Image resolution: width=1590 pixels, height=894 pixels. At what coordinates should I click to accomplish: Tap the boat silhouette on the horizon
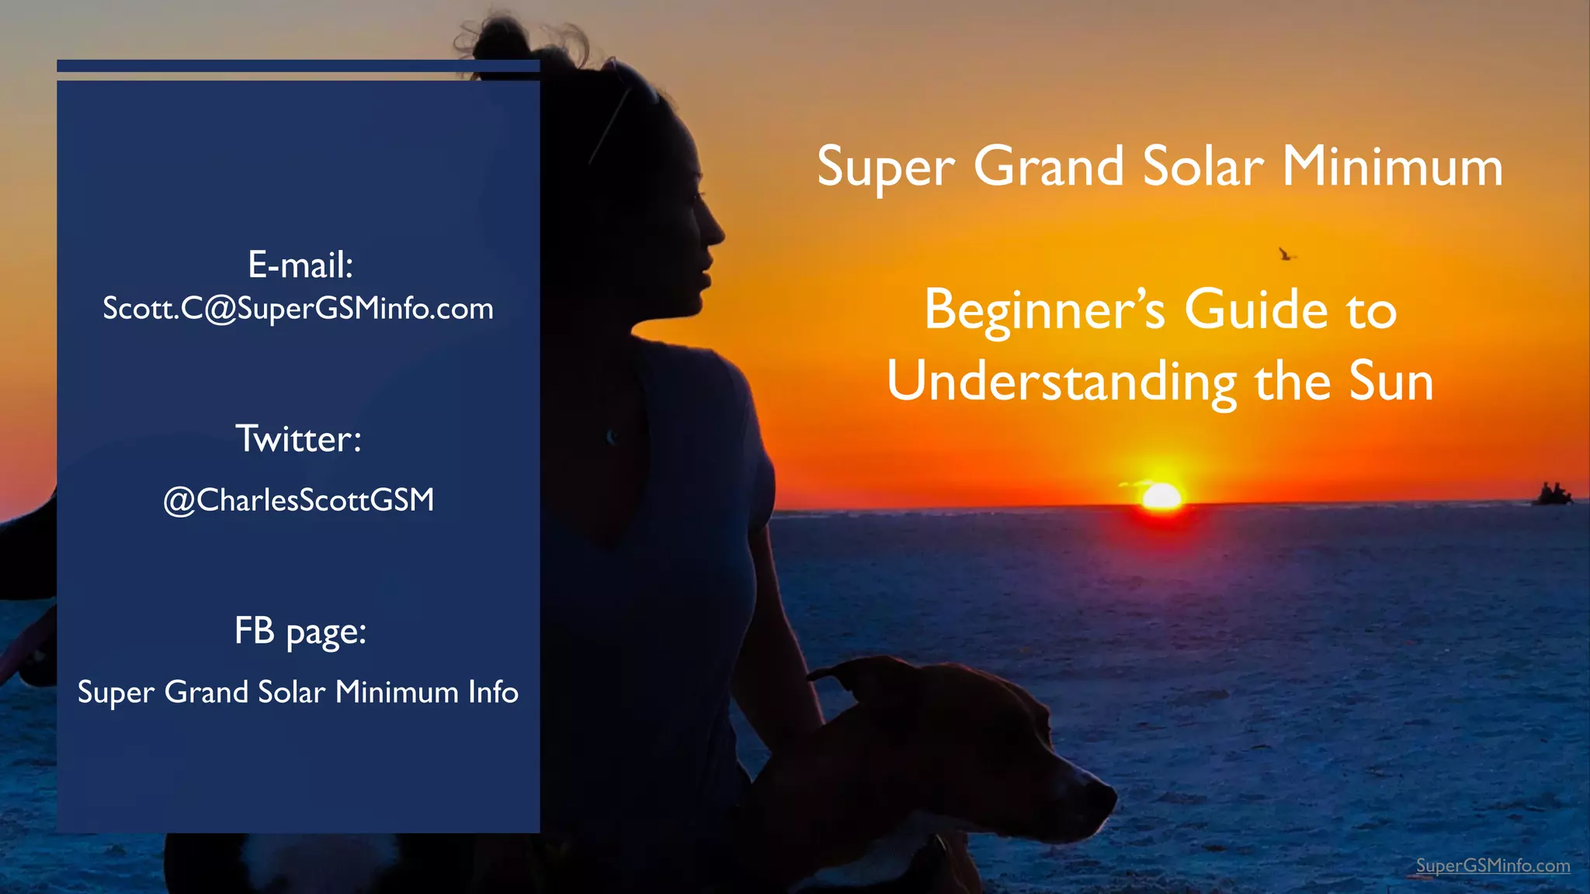point(1551,494)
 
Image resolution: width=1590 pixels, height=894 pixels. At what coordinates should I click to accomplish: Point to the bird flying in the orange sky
point(1286,254)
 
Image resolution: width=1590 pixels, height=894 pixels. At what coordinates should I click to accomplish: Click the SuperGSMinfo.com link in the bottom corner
point(1492,866)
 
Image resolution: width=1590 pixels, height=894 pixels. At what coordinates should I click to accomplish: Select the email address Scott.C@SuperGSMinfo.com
point(298,309)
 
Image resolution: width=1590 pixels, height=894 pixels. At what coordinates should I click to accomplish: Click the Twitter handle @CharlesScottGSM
point(299,501)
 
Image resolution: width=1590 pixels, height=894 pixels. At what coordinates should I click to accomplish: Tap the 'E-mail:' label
point(300,265)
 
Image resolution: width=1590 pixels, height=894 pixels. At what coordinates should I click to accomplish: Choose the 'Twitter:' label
point(299,439)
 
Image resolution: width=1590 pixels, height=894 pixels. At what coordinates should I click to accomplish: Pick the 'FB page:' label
point(300,632)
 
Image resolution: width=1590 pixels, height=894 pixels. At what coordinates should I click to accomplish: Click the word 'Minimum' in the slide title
point(1392,167)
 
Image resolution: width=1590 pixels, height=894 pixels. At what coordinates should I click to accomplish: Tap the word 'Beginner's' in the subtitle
point(1045,310)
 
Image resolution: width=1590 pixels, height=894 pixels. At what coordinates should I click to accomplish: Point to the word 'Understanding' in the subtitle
point(1062,382)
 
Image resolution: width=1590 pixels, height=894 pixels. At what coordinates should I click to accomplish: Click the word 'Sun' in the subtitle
point(1391,382)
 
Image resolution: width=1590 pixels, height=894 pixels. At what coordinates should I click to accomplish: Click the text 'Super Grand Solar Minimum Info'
point(298,692)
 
